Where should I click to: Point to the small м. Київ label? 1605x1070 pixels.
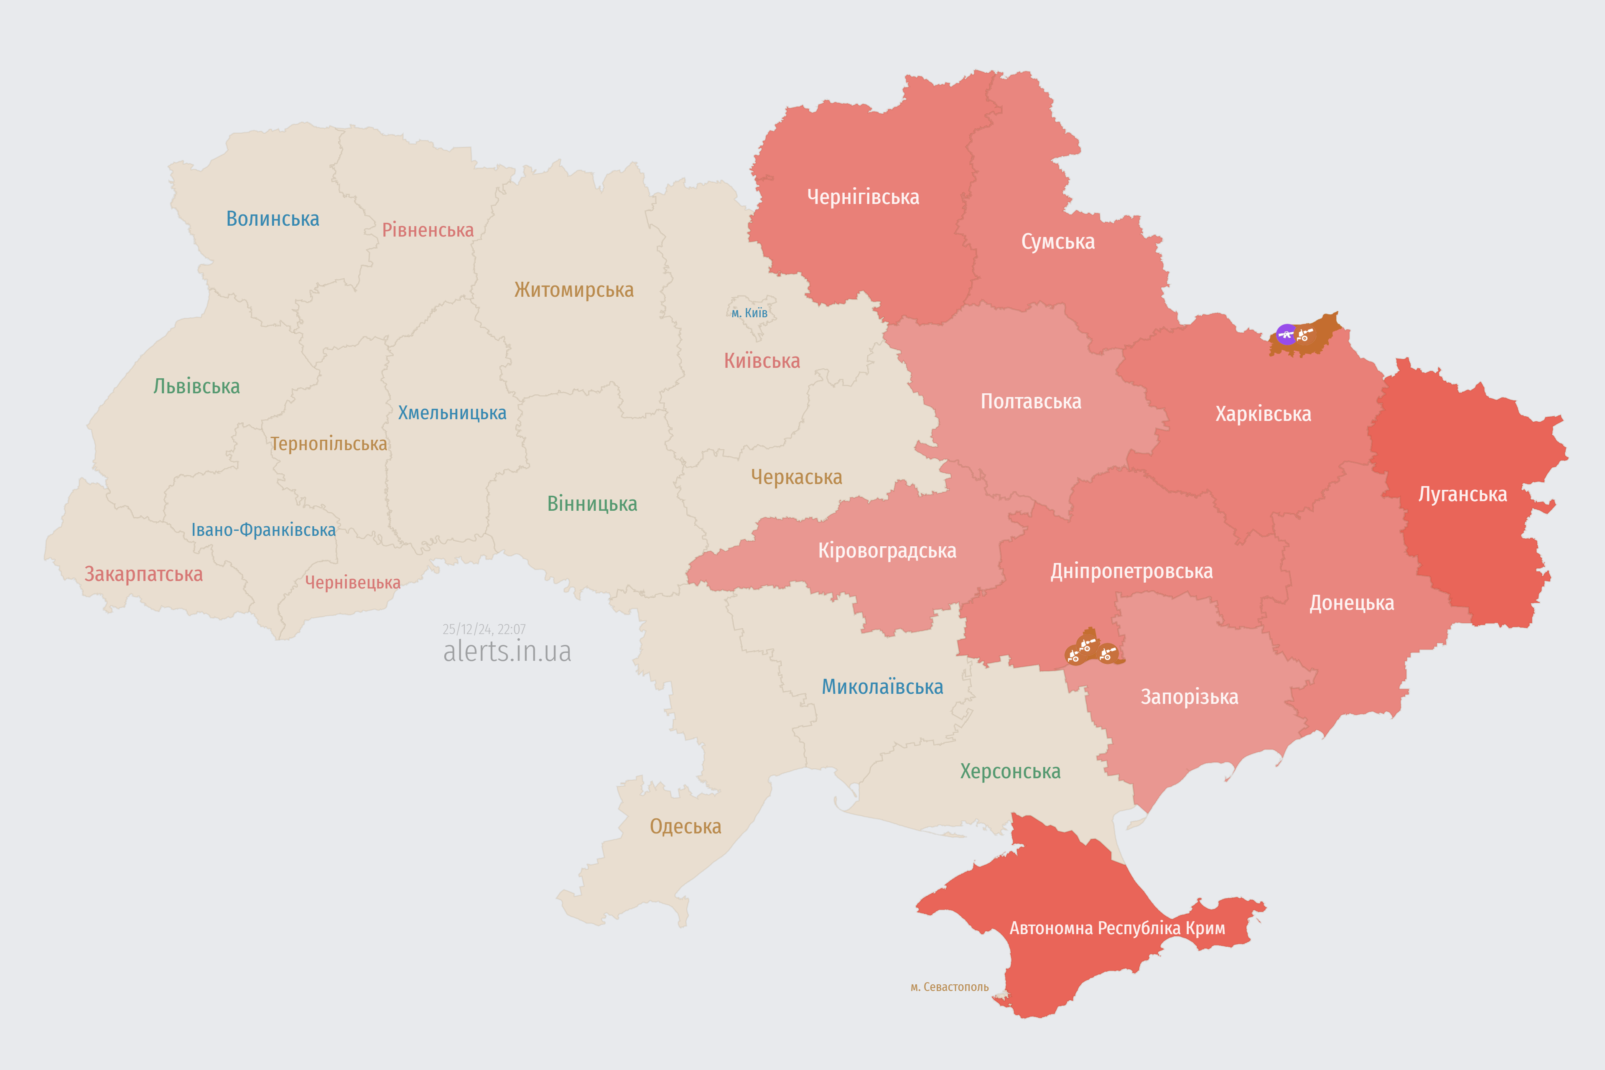(x=749, y=313)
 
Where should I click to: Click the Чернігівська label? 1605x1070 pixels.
(x=863, y=197)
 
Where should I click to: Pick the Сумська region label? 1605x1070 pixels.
(x=1058, y=242)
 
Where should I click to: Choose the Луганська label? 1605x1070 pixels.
(x=1462, y=494)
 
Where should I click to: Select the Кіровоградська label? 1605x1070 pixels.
(x=887, y=551)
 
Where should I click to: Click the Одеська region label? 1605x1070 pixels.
(x=685, y=826)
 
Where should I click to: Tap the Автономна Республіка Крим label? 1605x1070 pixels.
(x=1117, y=928)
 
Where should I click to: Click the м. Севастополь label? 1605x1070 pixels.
(x=949, y=987)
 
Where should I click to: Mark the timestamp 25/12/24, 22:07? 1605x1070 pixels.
(x=484, y=629)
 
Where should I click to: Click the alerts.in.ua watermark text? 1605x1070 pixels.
(x=507, y=651)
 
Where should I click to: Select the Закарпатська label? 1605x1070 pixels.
(x=143, y=574)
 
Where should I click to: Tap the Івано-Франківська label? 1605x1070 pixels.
(x=263, y=530)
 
